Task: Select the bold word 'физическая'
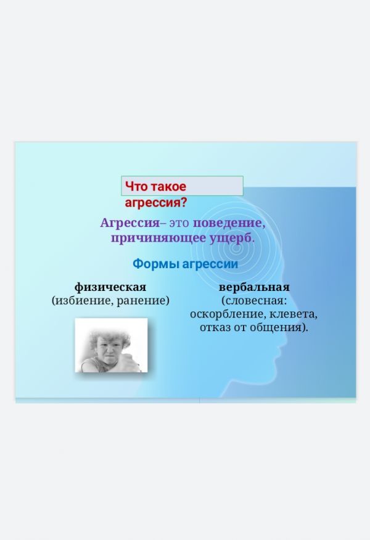point(110,287)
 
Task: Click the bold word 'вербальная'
point(254,287)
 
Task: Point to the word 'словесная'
point(253,301)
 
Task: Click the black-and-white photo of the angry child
point(111,345)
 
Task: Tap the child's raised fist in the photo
point(131,362)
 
